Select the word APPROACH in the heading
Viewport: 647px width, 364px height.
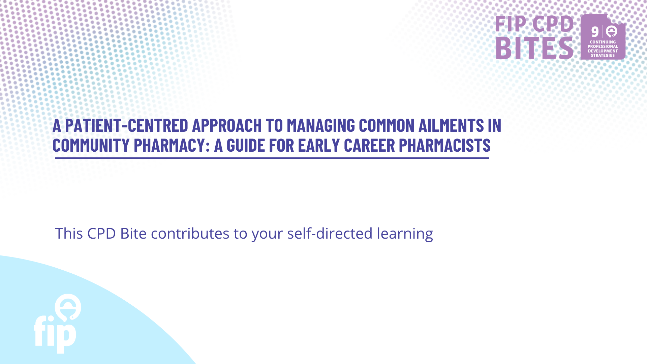tap(227, 125)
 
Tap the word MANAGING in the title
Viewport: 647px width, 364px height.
tap(321, 125)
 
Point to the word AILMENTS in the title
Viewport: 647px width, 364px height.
tap(451, 125)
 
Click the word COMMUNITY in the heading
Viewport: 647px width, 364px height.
tap(91, 145)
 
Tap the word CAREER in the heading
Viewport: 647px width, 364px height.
tap(369, 145)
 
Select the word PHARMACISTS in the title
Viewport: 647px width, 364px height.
tap(445, 145)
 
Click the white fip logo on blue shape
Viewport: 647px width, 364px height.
tap(58, 324)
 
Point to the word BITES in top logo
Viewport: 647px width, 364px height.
tap(534, 48)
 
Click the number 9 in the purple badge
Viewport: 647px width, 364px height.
tap(595, 32)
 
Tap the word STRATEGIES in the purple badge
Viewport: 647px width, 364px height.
tap(603, 56)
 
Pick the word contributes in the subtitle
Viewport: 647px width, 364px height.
tap(190, 233)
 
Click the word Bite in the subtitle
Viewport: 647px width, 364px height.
tap(133, 233)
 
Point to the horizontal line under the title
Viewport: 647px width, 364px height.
tap(272, 158)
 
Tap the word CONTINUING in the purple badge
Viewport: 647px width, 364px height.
tap(603, 42)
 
